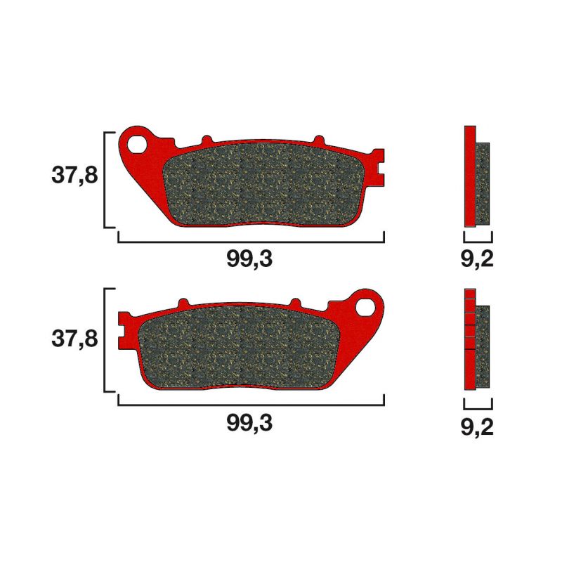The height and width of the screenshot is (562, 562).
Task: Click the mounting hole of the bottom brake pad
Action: (367, 306)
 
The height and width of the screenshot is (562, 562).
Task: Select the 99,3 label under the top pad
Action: (249, 259)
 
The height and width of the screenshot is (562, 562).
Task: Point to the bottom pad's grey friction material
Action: (239, 348)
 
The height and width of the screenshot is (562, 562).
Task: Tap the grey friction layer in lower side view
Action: (483, 347)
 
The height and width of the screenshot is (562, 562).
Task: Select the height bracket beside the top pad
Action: (106, 179)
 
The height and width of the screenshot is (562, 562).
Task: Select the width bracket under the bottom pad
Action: (251, 403)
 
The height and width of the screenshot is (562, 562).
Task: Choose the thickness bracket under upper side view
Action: (478, 239)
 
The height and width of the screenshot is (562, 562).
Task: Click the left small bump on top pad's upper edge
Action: (206, 140)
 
